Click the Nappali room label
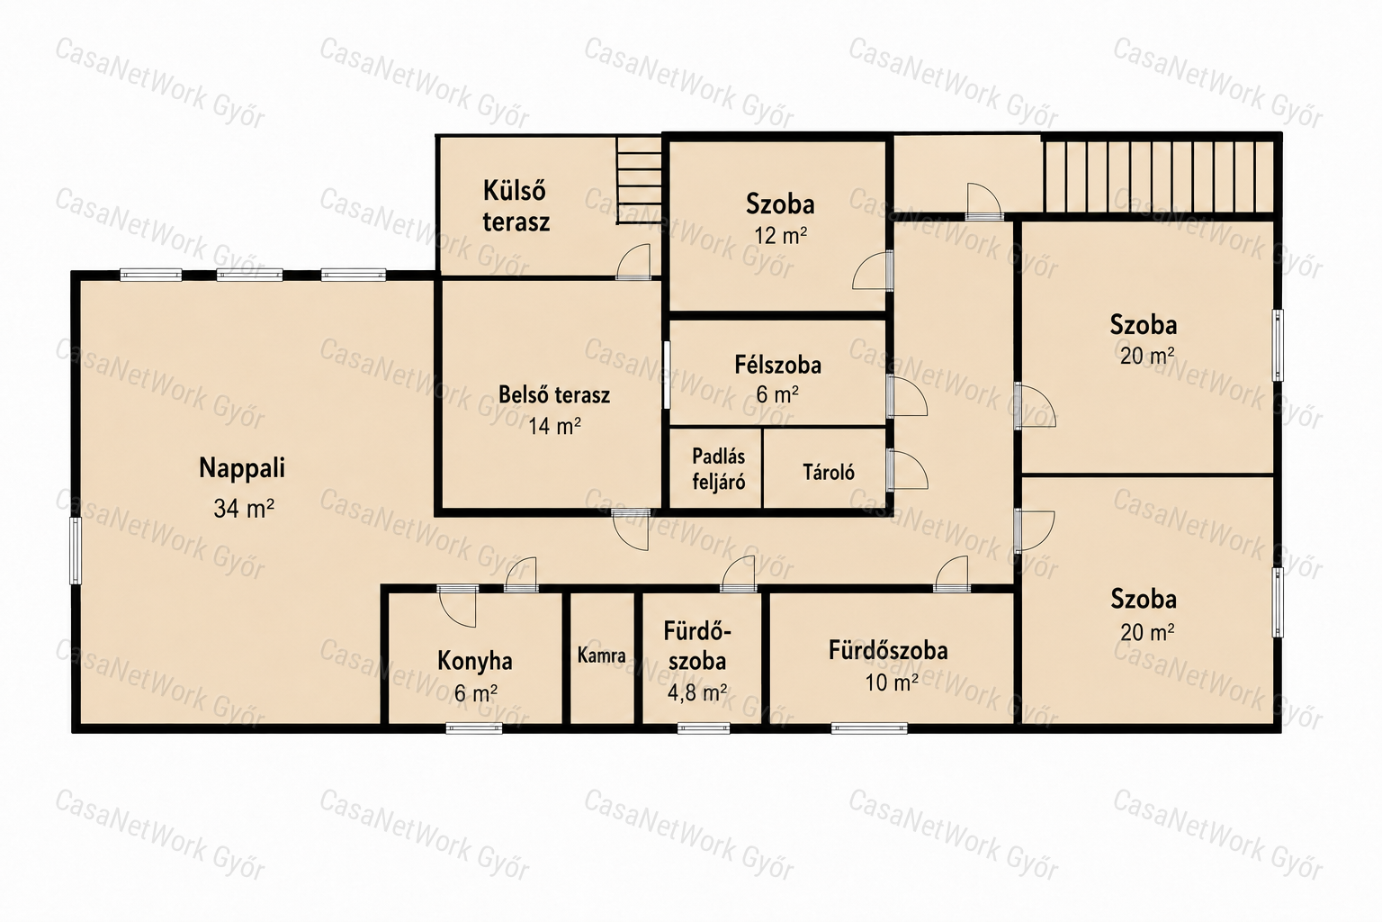point(242,468)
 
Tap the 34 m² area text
point(244,509)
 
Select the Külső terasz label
point(516,206)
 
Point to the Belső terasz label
point(554,395)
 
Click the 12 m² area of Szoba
point(780,235)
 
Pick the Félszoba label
point(777,365)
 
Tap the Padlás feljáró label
point(718,469)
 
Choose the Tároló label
point(829,473)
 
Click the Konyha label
point(474,662)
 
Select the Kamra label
point(602,655)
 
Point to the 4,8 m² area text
point(696,693)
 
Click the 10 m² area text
point(891,682)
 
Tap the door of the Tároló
point(907,470)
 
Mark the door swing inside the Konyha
point(458,607)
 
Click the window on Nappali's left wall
point(76,550)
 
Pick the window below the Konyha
point(474,728)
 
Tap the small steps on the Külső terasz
point(639,179)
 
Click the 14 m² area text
point(554,426)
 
